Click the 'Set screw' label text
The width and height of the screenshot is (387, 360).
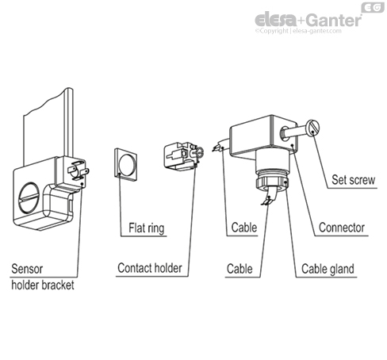353,180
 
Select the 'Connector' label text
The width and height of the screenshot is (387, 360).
342,228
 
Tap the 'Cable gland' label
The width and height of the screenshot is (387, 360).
328,269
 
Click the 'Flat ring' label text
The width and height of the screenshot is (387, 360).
147,228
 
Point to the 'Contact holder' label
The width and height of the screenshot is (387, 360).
150,268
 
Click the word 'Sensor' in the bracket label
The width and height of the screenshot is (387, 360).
27,269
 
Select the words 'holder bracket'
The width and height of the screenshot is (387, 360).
43,285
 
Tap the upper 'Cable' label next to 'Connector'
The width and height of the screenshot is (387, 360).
244,228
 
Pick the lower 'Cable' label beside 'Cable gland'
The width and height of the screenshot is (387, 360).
239,269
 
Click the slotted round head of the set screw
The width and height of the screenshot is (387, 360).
312,127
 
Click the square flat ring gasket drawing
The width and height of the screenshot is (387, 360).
126,165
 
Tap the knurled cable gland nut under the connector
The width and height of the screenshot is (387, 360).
272,183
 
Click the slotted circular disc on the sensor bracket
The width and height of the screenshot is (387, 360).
29,197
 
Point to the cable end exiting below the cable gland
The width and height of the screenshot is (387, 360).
270,196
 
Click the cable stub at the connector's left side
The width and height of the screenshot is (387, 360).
221,145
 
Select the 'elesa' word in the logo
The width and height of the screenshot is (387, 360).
276,20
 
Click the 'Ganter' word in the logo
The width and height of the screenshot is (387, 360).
334,20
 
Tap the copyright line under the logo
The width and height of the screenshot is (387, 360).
298,31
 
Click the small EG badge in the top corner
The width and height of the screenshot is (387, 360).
373,7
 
